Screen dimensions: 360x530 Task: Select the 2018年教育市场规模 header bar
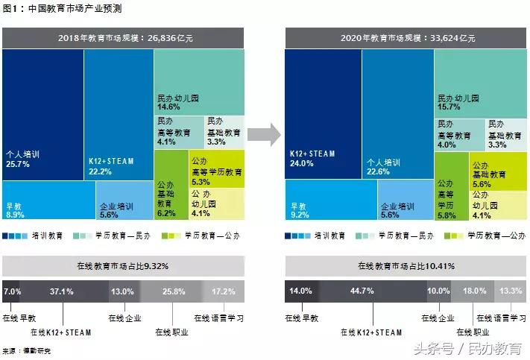coord(123,37)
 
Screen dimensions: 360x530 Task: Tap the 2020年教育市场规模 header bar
coord(406,37)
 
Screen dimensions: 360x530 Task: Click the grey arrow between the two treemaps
coord(264,134)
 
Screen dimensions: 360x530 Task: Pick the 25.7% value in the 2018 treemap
coord(17,164)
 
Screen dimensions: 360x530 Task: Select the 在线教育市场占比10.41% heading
coord(406,265)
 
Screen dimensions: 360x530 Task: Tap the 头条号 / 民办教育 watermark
coord(462,348)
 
